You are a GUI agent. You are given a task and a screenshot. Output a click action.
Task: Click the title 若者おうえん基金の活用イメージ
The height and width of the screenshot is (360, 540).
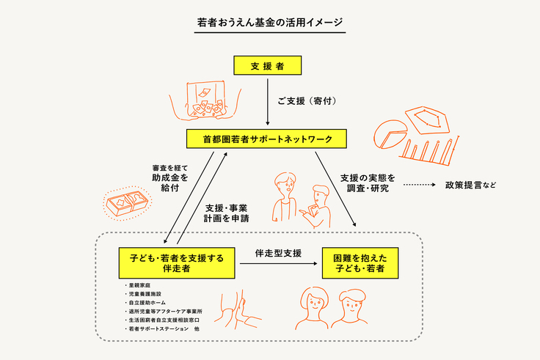click(x=270, y=23)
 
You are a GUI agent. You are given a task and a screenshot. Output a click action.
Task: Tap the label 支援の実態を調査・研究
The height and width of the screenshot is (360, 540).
click(x=368, y=183)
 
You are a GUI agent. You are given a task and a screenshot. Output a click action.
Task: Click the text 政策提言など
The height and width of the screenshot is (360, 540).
click(x=470, y=185)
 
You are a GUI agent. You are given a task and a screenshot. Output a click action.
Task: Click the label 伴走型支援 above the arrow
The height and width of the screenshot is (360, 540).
click(x=277, y=253)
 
